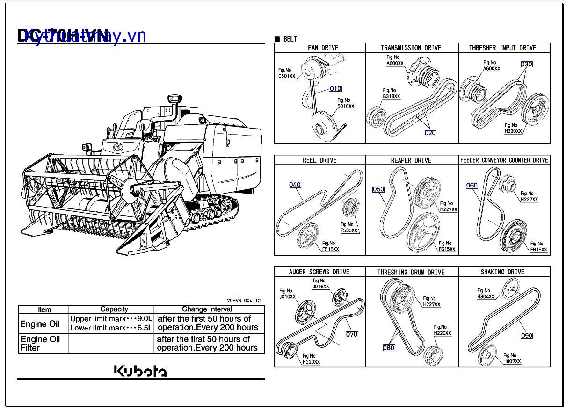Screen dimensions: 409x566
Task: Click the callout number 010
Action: [335, 89]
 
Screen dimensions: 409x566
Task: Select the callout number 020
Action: [430, 133]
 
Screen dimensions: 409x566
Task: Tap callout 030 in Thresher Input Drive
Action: [527, 65]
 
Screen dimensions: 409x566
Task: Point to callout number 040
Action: [295, 185]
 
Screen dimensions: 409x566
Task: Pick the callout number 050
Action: [378, 189]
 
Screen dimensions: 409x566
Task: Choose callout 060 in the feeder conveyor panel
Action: [472, 186]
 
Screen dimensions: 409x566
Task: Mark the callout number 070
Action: [352, 334]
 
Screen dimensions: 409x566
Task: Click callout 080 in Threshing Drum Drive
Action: [389, 347]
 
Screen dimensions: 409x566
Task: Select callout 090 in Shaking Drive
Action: [527, 336]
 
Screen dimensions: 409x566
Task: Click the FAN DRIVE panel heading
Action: [323, 48]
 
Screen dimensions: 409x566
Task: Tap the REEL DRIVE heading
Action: [319, 160]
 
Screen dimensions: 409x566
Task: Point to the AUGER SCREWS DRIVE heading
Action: [319, 272]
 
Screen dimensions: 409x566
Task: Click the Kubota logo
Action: [140, 371]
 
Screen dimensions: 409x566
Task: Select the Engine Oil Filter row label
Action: [40, 344]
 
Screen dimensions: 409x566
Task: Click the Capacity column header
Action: [114, 309]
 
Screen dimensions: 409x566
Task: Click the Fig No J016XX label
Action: [320, 284]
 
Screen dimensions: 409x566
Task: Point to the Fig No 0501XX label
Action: [286, 73]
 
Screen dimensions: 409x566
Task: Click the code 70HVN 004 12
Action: [244, 301]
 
